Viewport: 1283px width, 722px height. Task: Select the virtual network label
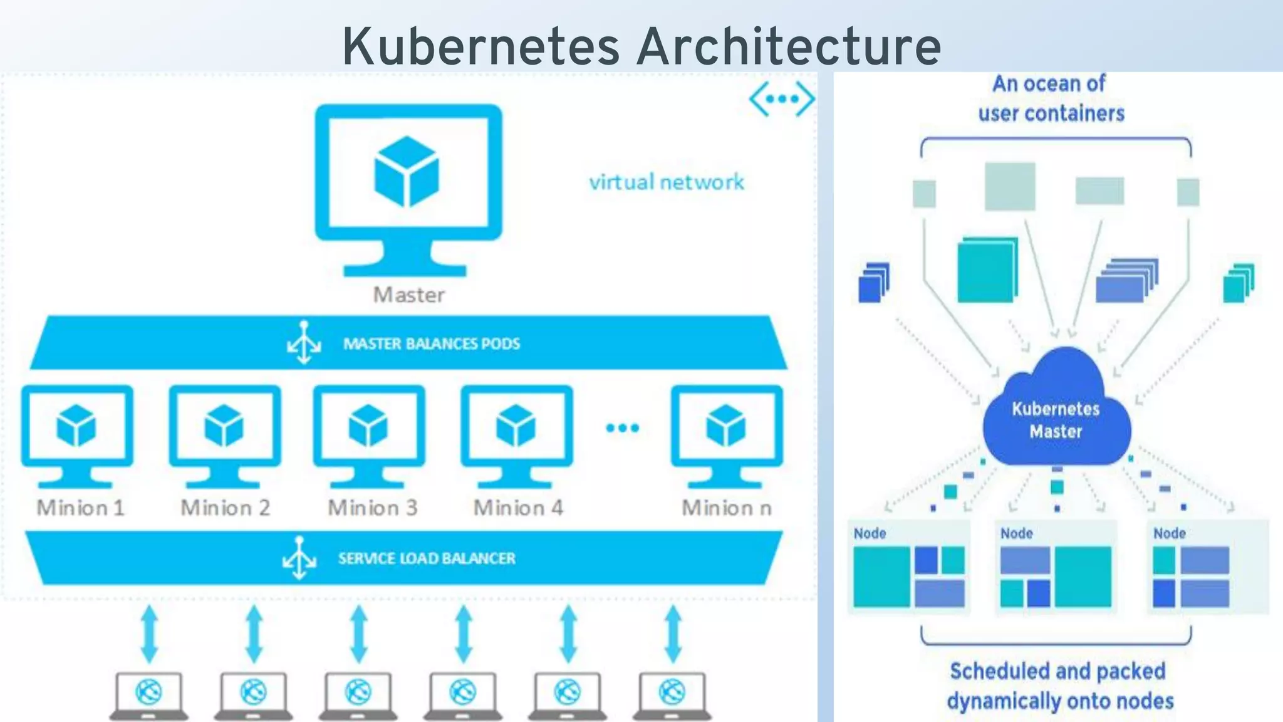coord(666,182)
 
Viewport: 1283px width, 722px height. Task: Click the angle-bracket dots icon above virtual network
coord(782,99)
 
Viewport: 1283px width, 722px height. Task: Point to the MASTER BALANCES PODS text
coord(431,343)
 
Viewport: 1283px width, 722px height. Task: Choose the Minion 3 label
coord(372,508)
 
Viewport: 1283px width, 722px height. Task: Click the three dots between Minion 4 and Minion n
coord(622,428)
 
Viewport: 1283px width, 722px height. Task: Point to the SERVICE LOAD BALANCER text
coord(427,558)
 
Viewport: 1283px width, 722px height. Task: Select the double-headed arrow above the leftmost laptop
coord(149,634)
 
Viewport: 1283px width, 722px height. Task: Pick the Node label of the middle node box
coord(1016,533)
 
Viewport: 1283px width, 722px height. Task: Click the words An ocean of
coord(1049,83)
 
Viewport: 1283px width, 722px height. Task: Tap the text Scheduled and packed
coord(1057,671)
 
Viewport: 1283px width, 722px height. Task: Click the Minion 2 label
coord(226,508)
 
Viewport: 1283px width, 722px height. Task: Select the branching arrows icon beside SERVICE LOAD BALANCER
coord(299,557)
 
